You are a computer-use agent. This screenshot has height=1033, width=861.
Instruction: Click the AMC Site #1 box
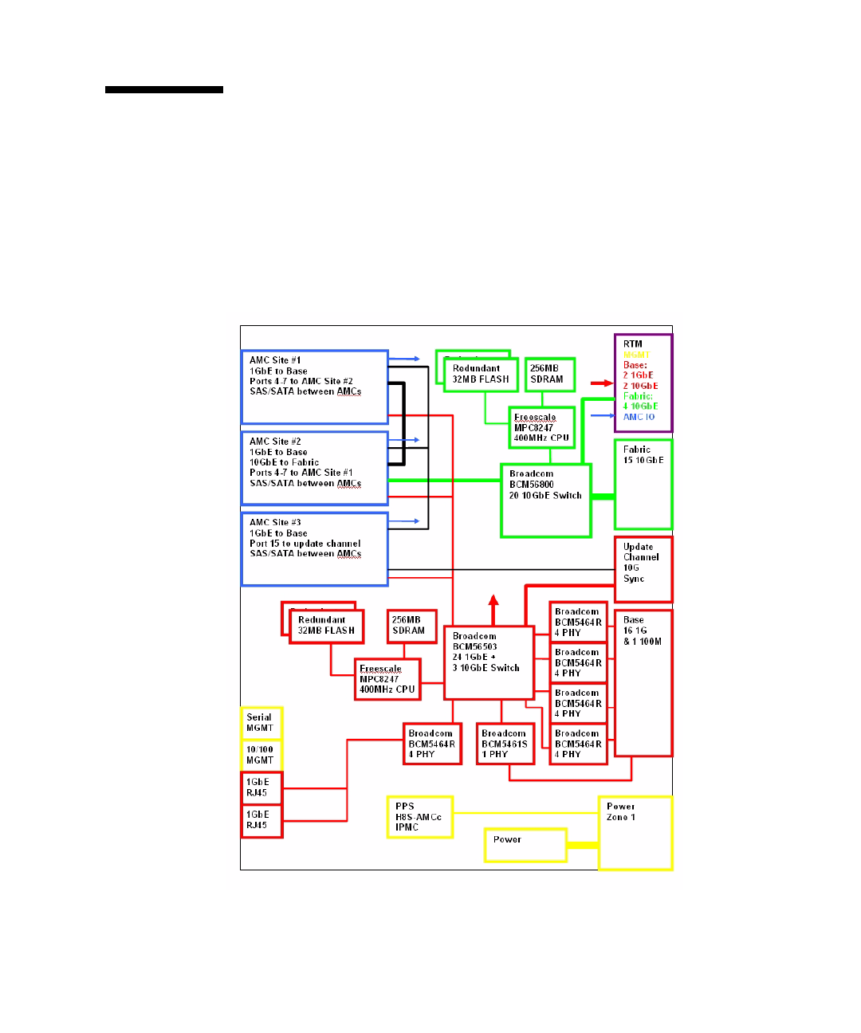click(314, 387)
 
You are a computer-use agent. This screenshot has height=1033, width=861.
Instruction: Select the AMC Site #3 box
click(314, 549)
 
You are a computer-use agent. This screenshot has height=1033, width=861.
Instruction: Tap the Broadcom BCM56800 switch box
click(546, 501)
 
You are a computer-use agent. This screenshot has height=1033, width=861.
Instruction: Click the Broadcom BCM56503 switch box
click(489, 662)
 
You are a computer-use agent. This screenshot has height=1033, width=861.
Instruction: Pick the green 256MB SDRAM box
click(550, 375)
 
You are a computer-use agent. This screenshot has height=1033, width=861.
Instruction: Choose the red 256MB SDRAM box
click(412, 626)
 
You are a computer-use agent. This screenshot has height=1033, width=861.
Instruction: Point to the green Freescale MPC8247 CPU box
click(542, 427)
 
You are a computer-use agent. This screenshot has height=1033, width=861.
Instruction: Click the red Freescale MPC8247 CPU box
click(387, 679)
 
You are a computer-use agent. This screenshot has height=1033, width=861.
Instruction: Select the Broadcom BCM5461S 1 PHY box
click(505, 744)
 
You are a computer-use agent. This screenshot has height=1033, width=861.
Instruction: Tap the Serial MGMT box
click(261, 723)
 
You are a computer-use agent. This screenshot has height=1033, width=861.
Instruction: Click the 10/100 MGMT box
click(261, 756)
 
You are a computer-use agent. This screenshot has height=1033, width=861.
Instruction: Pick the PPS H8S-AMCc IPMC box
click(419, 817)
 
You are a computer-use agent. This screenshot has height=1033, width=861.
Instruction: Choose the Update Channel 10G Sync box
click(643, 569)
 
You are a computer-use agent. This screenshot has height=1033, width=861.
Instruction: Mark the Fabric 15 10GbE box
click(643, 484)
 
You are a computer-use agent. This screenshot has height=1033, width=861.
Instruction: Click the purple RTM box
click(643, 383)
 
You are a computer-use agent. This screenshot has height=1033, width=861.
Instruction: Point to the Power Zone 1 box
click(635, 833)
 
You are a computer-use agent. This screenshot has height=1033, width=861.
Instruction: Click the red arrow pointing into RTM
click(602, 383)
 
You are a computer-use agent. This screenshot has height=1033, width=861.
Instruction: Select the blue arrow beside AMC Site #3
click(405, 521)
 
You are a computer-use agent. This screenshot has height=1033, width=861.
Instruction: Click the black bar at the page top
click(164, 90)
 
